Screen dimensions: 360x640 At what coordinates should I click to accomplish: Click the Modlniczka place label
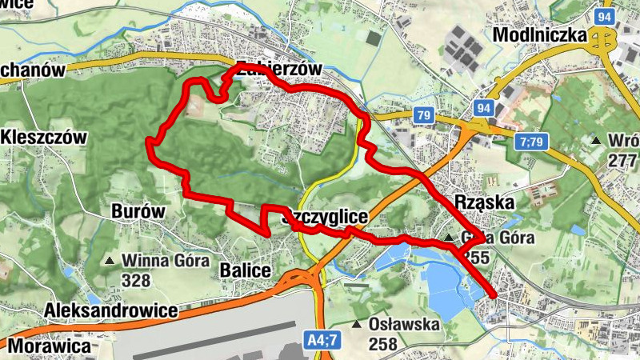click(540, 35)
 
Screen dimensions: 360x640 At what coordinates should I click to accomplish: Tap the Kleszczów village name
click(44, 137)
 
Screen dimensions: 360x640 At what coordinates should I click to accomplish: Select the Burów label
click(138, 212)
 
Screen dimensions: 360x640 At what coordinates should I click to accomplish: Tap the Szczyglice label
click(325, 217)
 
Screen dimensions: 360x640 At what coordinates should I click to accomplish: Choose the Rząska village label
click(483, 202)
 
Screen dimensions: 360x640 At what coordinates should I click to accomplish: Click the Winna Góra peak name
click(166, 260)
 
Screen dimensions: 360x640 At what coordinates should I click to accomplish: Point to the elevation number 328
click(136, 280)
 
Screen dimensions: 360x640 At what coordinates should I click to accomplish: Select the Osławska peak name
click(405, 325)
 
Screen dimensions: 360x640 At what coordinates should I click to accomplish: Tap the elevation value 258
click(384, 344)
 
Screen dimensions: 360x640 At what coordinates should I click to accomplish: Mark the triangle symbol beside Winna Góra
click(110, 261)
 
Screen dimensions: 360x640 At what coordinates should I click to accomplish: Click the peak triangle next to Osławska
click(357, 325)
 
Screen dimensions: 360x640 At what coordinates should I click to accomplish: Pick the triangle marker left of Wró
click(595, 142)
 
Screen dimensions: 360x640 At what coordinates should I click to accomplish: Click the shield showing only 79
click(424, 116)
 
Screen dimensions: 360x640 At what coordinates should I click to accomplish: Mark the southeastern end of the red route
click(494, 296)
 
